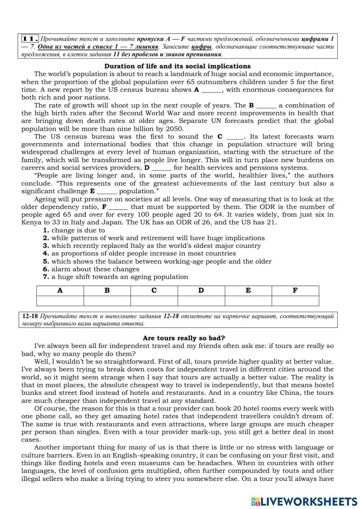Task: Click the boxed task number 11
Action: click(x=30, y=39)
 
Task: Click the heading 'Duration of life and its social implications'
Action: click(x=177, y=66)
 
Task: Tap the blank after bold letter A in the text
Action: click(x=211, y=90)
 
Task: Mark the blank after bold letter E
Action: click(x=107, y=192)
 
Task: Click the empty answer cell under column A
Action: click(x=60, y=301)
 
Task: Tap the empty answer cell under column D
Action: click(x=201, y=301)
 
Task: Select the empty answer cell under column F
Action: click(x=295, y=301)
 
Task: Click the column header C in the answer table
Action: click(x=154, y=291)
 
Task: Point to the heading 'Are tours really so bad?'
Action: click(x=184, y=338)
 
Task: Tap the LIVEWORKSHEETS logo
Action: click(x=304, y=501)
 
